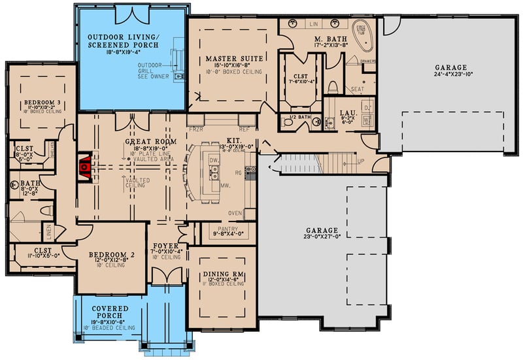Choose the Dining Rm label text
point(222,272)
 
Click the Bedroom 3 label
point(42,103)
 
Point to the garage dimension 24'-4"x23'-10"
point(451,75)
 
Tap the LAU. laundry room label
point(348,113)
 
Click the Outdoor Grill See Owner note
point(153,71)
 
